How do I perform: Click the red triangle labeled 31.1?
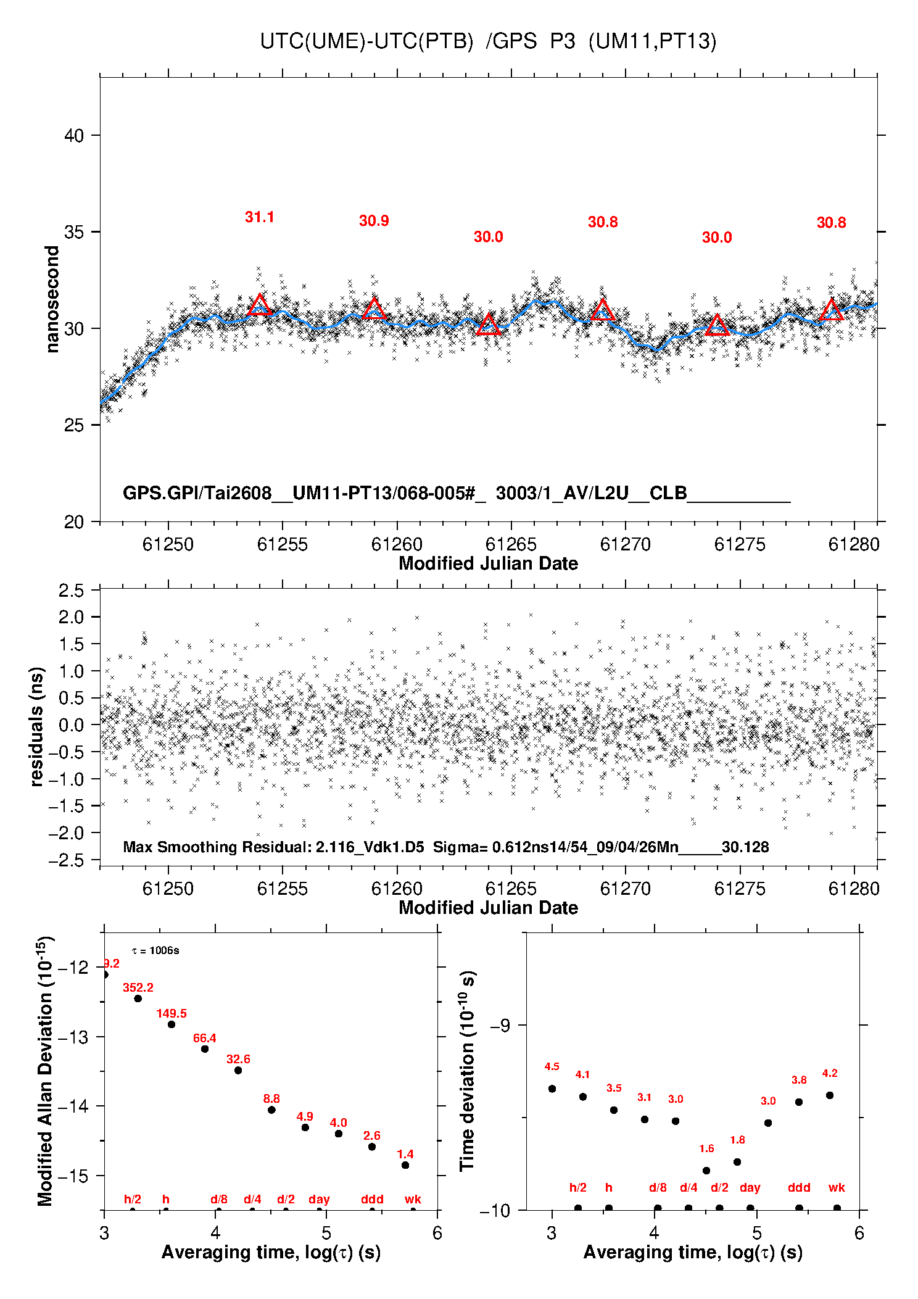tap(260, 305)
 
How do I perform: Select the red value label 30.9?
tap(374, 221)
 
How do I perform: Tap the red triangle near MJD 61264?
tap(489, 324)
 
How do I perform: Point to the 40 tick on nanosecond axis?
tap(74, 135)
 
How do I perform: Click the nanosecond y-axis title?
tap(52, 299)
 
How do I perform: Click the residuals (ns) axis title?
tap(37, 726)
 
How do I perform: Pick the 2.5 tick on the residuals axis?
tap(71, 591)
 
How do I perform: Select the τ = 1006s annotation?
tap(155, 950)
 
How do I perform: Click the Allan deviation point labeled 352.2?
tap(138, 998)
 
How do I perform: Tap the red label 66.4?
tap(205, 1038)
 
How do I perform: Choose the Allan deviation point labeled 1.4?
tap(405, 1165)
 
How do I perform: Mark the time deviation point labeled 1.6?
tap(706, 1171)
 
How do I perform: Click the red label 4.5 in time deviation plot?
tap(552, 1066)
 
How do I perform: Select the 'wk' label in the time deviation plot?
tap(837, 1187)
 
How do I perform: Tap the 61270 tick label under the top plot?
tap(626, 544)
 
